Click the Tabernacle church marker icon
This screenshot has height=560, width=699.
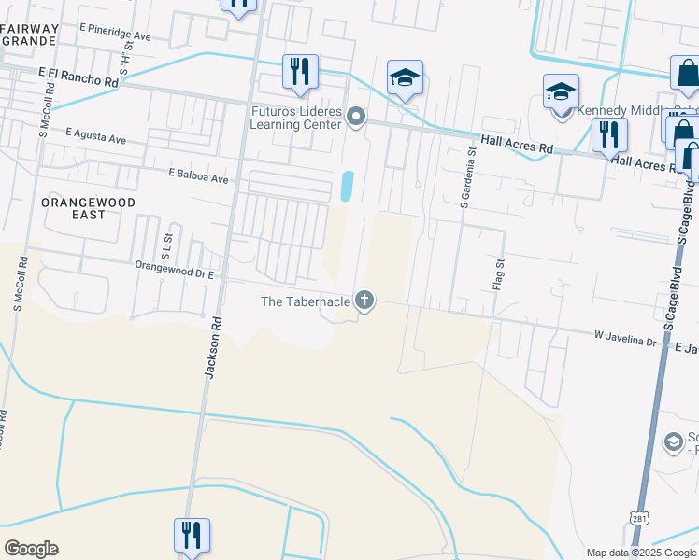coord(364,301)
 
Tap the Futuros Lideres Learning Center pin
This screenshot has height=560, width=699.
coord(355,117)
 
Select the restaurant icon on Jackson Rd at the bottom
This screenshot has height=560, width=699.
coord(192,536)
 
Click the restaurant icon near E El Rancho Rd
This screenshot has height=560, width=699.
coord(300,71)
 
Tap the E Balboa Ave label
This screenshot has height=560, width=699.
coord(198,175)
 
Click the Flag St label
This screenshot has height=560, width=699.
coord(499,273)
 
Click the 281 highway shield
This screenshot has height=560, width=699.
coord(637,516)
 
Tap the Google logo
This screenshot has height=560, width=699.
coord(31,548)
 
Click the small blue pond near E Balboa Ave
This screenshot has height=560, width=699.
coord(348,186)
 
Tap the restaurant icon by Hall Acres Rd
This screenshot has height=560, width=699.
coord(609,134)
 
